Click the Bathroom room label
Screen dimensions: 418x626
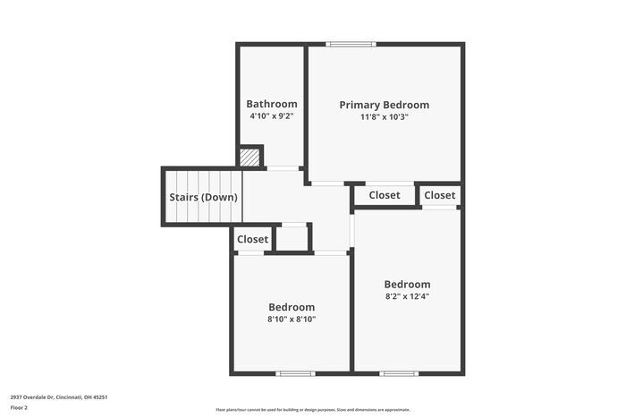click(272, 104)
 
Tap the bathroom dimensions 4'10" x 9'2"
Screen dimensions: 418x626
click(272, 116)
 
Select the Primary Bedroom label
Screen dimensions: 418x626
click(384, 105)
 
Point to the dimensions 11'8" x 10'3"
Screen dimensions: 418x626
click(384, 116)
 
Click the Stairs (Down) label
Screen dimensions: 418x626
click(201, 198)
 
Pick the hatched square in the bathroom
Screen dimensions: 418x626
click(250, 158)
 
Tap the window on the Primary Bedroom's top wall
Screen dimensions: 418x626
click(351, 44)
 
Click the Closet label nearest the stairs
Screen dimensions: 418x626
click(252, 239)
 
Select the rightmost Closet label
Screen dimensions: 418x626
click(439, 195)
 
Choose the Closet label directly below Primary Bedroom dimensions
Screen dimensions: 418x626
click(384, 195)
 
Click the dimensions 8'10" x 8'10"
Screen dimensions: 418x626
click(291, 319)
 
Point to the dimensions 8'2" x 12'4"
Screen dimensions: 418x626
click(407, 296)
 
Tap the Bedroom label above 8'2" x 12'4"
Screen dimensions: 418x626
click(407, 285)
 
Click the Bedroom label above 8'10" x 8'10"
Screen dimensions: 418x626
click(291, 306)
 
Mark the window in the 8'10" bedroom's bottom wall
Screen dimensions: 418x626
click(295, 372)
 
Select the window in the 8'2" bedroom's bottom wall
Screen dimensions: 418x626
click(399, 372)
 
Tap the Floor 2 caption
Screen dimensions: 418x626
click(19, 407)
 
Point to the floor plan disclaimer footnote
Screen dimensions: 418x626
click(312, 409)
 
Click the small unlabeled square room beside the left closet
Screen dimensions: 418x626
click(292, 239)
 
